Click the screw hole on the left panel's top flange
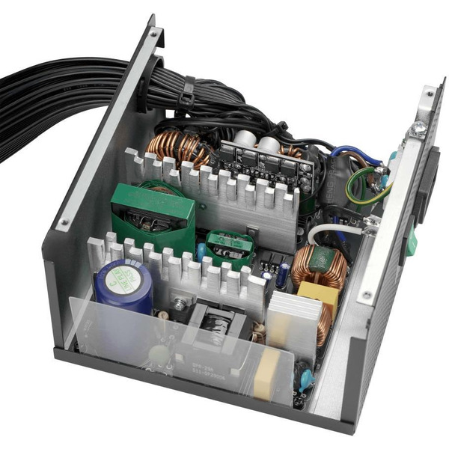[154, 34]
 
